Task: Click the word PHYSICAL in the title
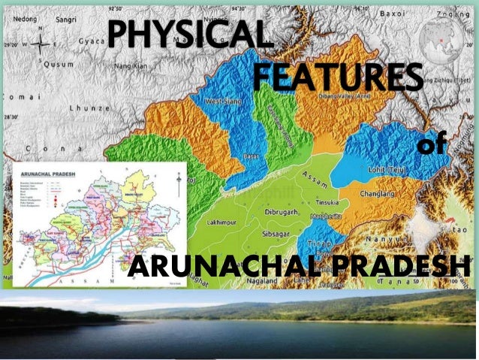point(186,34)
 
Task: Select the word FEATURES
point(336,77)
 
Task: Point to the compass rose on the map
point(39,43)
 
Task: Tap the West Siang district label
point(222,101)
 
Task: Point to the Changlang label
point(378,192)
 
